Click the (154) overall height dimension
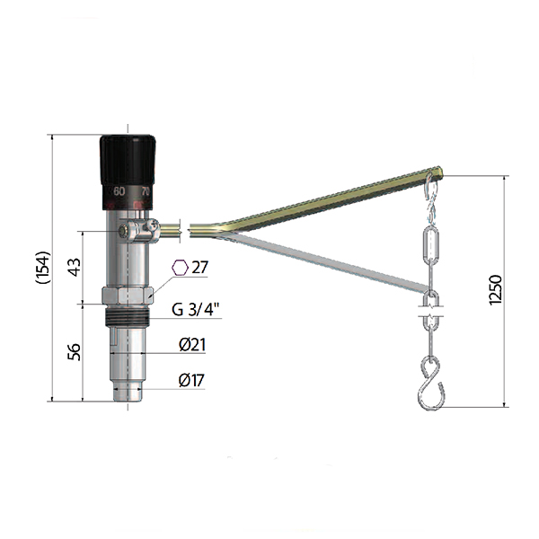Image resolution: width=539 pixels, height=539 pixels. (44, 268)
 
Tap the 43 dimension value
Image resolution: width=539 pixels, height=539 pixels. (75, 267)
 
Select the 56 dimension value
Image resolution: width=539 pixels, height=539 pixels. (75, 351)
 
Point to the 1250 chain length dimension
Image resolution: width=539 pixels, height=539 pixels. (495, 289)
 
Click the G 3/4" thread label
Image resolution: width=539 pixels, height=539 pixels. (195, 309)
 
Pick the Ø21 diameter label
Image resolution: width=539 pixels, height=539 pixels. (192, 344)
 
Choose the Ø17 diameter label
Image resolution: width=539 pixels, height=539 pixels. (191, 380)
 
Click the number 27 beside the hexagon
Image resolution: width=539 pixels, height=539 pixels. (199, 267)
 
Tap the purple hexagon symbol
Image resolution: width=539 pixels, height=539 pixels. (181, 268)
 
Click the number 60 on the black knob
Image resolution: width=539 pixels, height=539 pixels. (119, 191)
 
